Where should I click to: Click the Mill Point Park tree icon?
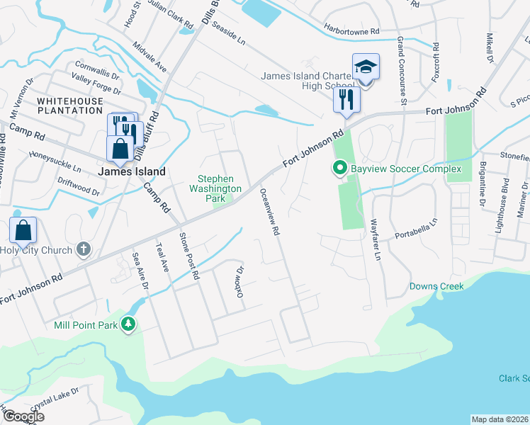coord(128,324)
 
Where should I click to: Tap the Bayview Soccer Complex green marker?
coord(339,169)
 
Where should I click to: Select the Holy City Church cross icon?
coord(84,249)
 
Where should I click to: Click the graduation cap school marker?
coord(366,67)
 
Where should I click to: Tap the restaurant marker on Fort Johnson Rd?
coord(346,99)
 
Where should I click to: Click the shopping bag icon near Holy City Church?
coord(23,230)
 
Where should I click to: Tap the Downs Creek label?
coord(436,286)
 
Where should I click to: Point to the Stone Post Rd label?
coord(189,254)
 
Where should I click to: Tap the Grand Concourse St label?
coord(401,71)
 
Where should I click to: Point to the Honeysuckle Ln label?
coord(55,163)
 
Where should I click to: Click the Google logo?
coord(23,416)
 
